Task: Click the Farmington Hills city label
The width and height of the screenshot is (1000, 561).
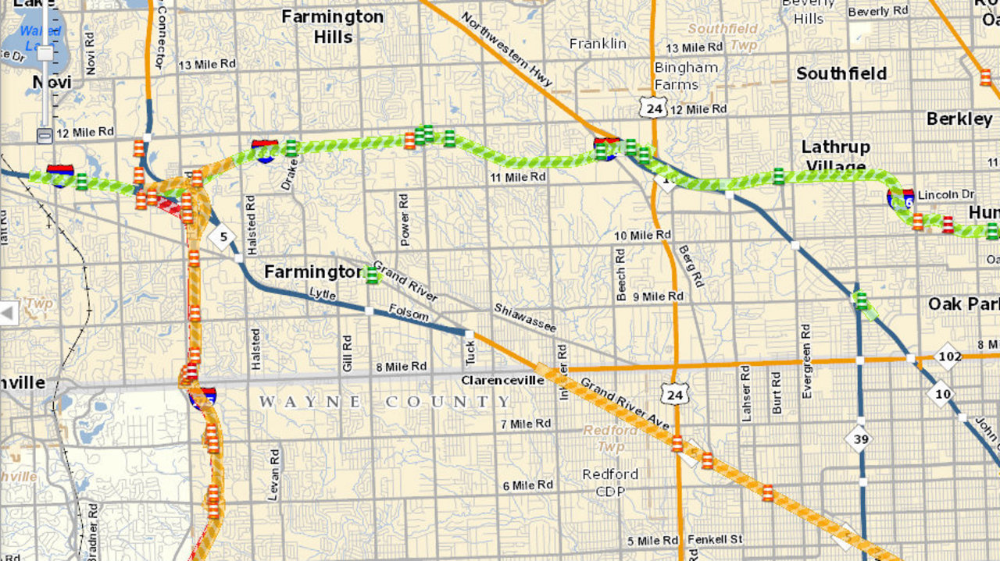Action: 332,27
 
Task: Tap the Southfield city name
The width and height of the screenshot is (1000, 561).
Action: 841,73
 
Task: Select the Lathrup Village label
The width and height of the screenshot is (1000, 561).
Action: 835,156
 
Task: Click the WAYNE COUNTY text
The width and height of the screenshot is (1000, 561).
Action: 385,402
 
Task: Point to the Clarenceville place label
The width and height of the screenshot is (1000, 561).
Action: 502,381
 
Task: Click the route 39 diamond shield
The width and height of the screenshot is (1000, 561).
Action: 859,439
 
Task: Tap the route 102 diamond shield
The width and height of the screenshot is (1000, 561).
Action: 949,356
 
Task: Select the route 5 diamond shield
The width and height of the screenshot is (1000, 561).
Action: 223,236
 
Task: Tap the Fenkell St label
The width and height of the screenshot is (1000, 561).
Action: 714,540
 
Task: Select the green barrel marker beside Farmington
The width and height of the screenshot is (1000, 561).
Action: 372,274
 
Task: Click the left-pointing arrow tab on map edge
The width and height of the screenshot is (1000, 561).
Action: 8,314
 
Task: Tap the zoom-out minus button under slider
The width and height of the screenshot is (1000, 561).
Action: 45,135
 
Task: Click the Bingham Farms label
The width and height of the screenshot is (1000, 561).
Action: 686,76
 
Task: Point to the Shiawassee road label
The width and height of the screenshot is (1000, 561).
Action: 525,318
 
